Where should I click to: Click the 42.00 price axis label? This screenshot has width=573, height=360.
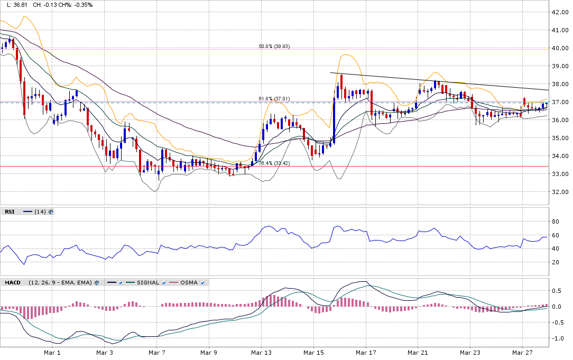(x=559, y=12)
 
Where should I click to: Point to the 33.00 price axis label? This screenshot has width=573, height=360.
(x=559, y=174)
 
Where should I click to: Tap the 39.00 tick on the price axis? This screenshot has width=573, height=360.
(x=559, y=66)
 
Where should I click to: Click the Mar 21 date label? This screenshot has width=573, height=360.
(x=418, y=352)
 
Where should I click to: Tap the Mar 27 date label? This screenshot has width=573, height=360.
(x=522, y=352)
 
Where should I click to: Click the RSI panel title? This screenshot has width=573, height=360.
(x=10, y=212)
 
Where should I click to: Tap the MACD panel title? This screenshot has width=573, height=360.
(x=13, y=283)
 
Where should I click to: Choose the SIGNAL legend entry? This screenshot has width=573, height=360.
(x=147, y=283)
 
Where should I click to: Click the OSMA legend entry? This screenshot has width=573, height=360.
(x=189, y=283)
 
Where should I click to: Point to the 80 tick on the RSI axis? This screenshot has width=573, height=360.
(x=555, y=221)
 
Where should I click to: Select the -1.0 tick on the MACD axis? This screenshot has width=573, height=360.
(x=557, y=338)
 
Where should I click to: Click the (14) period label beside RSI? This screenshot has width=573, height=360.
(x=40, y=212)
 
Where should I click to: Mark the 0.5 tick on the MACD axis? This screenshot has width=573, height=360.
(x=557, y=291)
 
